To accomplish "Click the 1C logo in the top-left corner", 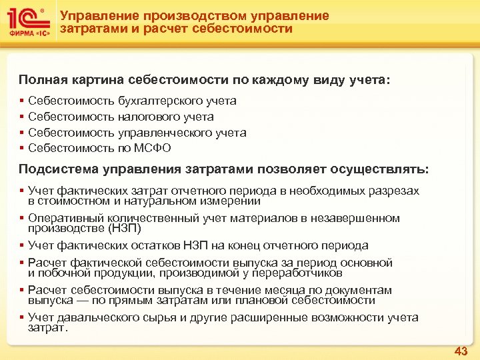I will coord(25,19).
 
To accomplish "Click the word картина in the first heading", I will coord(95,81).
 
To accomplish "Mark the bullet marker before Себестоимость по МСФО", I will coord(21,148).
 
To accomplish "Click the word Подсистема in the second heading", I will coord(55,167).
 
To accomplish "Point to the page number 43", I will coord(461,351).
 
